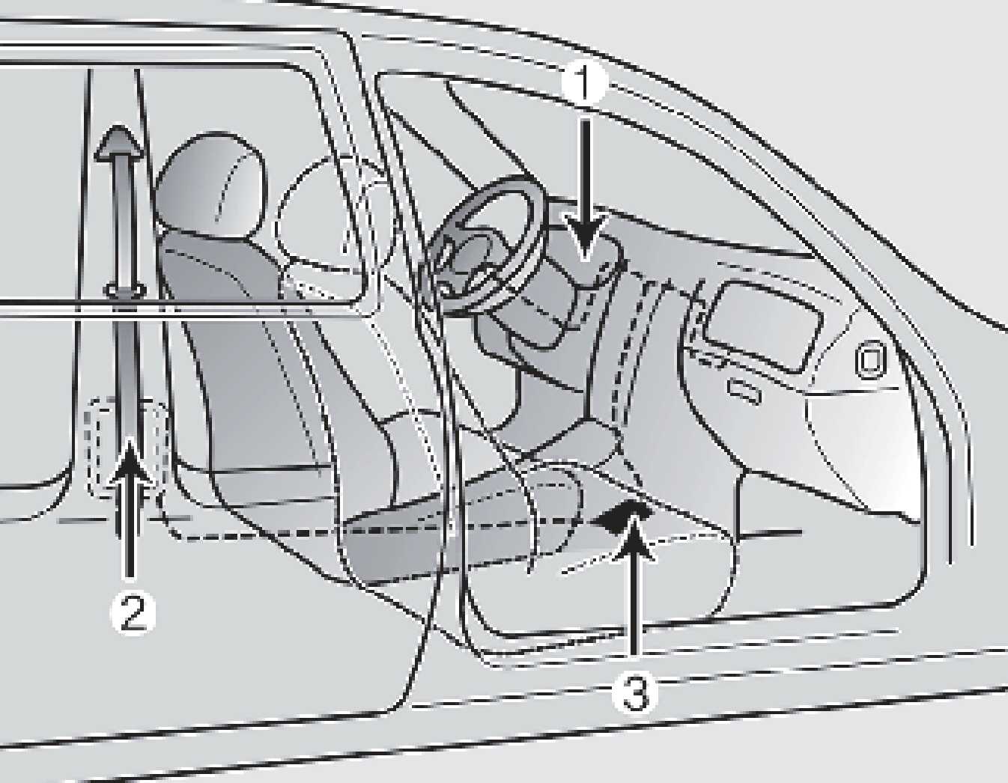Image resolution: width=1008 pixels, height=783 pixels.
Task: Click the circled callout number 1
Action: point(583,84)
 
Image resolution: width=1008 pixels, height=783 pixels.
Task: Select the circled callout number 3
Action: point(634,694)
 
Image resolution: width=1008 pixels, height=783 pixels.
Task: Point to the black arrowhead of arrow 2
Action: point(130,461)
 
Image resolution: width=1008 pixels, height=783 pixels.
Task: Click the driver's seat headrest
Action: point(211,186)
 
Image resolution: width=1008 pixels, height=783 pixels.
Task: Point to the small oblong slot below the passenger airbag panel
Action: point(745,391)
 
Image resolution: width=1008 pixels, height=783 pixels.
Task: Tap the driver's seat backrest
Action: point(250,353)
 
